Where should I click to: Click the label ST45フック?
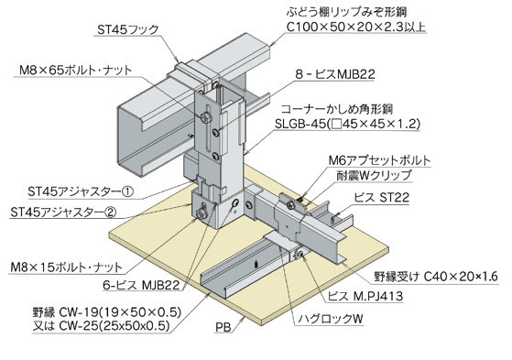pos(127,29)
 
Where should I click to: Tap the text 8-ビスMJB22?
pos(335,74)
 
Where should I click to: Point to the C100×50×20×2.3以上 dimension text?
pos(356,27)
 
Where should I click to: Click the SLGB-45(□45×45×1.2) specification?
pos(347,124)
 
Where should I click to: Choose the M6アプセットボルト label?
pos(379,160)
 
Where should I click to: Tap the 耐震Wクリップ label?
pos(374,176)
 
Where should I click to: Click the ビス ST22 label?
pos(381,197)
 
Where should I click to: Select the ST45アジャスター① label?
pos(81,191)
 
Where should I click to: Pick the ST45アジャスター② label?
pos(63,213)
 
